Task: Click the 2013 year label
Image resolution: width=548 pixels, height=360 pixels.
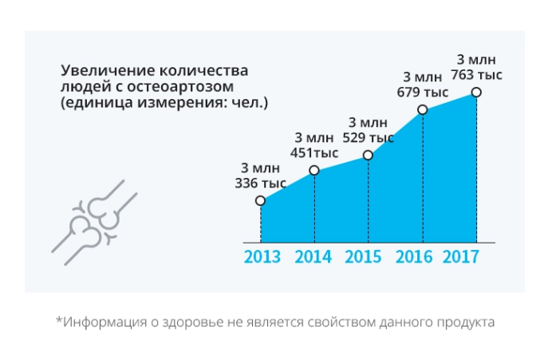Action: [x=262, y=257]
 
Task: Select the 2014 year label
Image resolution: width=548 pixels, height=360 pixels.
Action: [x=314, y=257]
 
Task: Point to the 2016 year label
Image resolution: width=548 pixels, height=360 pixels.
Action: [x=414, y=257]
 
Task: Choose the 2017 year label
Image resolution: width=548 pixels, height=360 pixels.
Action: [x=460, y=257]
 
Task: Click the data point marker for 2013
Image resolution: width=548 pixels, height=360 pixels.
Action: [x=261, y=201]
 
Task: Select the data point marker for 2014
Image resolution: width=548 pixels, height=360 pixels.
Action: [x=314, y=170]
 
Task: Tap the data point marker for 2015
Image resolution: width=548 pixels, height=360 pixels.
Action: [x=369, y=156]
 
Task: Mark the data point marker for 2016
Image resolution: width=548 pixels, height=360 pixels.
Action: [x=423, y=109]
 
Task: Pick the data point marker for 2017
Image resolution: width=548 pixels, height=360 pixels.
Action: [x=477, y=93]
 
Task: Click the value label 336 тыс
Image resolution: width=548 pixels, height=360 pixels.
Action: [x=261, y=183]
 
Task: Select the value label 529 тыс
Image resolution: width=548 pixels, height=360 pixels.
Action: [x=368, y=137]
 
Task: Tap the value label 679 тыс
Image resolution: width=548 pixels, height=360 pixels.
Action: [x=423, y=92]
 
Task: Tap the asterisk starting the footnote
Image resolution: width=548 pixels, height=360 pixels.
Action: [x=58, y=322]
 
